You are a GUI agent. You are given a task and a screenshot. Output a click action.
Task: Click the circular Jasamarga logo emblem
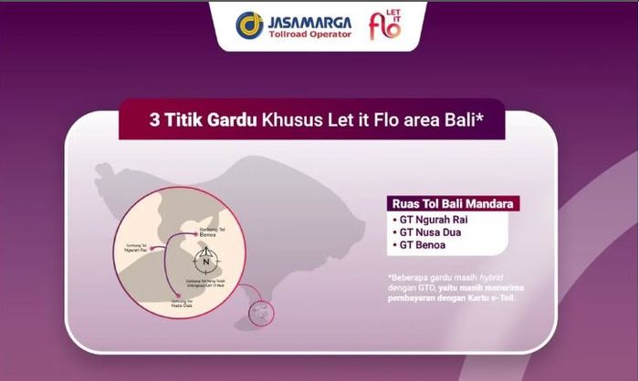[x=249, y=25]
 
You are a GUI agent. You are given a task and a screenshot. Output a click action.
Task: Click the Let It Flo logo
[x=385, y=25]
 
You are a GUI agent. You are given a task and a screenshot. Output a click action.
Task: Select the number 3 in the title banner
[x=153, y=119]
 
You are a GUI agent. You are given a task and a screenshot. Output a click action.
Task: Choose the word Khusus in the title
[x=294, y=119]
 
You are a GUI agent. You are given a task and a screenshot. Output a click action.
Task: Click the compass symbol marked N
[x=205, y=260]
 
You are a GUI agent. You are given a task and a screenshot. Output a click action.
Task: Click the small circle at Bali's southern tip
[x=262, y=313]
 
